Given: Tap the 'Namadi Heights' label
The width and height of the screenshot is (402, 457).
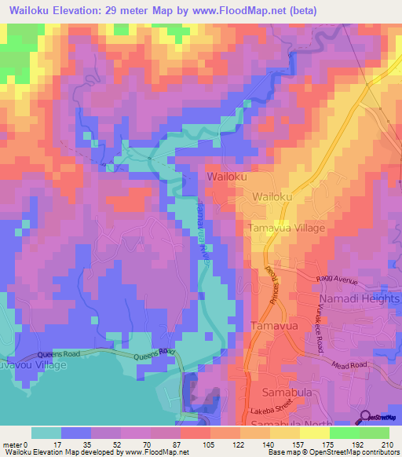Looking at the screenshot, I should click(359, 300).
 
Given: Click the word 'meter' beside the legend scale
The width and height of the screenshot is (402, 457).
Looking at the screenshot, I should click(12, 444).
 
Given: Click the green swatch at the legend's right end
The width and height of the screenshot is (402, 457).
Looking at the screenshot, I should click(374, 433).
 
